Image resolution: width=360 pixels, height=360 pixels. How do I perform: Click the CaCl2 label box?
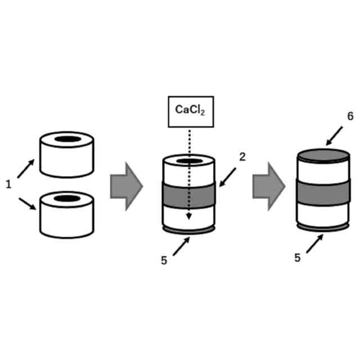191,111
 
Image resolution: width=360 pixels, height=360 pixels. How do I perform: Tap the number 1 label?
8,184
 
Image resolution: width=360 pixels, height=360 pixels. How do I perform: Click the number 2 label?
242,157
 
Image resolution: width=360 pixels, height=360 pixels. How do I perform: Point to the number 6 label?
350,116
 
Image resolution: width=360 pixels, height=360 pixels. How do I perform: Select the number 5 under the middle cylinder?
164,260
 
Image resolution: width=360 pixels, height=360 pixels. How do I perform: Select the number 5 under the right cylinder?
298,258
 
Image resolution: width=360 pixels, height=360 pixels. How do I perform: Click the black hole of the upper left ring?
67,139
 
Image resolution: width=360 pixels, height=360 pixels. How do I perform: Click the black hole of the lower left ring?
67,198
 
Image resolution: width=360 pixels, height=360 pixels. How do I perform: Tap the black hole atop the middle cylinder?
189,162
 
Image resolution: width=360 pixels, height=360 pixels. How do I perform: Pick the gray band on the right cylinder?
323,192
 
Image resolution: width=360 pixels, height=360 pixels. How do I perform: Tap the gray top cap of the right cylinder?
323,155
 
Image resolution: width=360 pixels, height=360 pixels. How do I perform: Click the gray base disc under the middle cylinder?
188,230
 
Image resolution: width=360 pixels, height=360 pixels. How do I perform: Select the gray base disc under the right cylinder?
323,227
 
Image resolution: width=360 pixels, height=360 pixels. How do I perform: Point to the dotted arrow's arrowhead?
189,215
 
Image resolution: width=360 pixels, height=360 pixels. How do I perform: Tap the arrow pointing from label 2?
229,176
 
